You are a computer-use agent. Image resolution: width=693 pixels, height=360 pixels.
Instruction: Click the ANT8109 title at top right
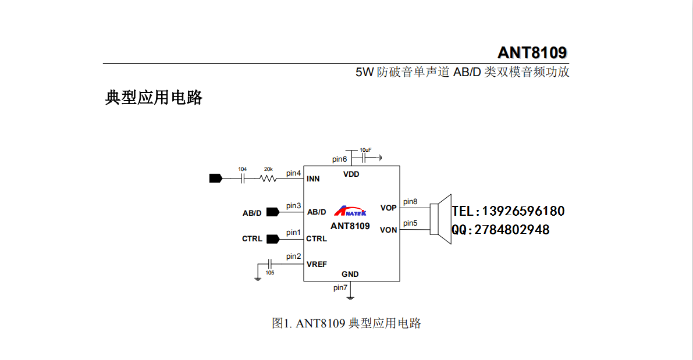[532, 52]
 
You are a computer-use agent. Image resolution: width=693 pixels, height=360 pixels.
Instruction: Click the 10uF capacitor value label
[365, 150]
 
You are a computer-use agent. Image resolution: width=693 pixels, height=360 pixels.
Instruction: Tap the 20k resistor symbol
[268, 179]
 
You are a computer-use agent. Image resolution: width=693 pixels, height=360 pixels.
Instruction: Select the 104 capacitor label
[242, 169]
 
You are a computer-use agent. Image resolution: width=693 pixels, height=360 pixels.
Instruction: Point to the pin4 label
[293, 173]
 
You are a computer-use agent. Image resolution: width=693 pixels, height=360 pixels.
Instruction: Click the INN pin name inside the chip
[313, 179]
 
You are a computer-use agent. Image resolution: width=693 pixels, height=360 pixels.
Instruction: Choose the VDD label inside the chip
[351, 174]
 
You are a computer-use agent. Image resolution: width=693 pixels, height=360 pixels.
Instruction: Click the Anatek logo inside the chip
[350, 211]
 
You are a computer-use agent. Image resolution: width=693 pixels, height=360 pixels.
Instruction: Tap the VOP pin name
[389, 208]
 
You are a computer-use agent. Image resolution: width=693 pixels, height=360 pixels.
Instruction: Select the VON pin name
[389, 230]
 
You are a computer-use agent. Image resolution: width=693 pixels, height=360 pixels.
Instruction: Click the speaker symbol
[440, 219]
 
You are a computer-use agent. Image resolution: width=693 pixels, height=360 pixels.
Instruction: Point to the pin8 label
[410, 202]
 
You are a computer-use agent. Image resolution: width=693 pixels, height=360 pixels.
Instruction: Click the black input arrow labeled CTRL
[273, 239]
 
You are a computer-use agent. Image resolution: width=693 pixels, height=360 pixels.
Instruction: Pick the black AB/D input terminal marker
[273, 212]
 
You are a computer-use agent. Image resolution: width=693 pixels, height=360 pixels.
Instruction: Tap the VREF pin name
[317, 265]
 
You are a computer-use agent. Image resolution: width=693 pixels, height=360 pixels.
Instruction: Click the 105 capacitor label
[269, 273]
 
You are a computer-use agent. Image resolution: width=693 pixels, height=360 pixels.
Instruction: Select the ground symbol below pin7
[350, 298]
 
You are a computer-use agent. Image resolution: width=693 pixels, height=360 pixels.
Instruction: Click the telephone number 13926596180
[523, 211]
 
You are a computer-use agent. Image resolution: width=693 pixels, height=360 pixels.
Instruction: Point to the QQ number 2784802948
[512, 230]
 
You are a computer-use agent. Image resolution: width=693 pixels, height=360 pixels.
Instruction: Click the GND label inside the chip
[350, 275]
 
